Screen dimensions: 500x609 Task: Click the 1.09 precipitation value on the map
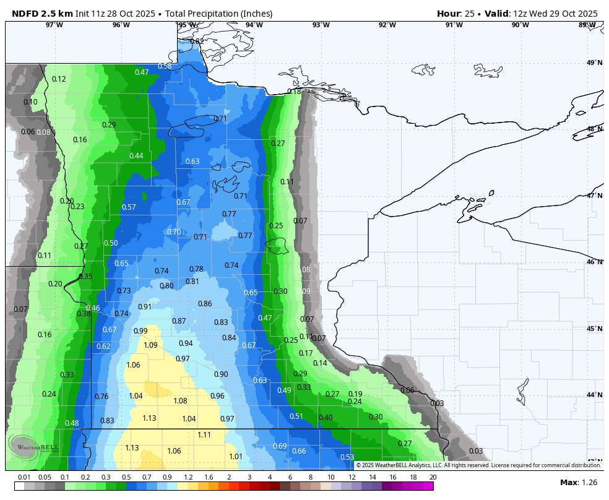click(150, 345)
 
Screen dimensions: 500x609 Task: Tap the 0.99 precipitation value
click(140, 331)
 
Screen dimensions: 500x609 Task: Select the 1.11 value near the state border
click(204, 435)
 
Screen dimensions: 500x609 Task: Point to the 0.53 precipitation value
click(347, 457)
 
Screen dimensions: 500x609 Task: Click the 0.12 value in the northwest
click(59, 79)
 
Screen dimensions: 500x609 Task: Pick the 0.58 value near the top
click(165, 66)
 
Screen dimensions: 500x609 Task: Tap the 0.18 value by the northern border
click(294, 92)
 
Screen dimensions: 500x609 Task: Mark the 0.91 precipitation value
click(145, 307)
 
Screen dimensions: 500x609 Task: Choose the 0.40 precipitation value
click(326, 418)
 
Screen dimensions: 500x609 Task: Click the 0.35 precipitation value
click(85, 277)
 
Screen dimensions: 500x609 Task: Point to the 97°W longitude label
click(54, 25)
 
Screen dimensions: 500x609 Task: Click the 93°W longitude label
click(321, 25)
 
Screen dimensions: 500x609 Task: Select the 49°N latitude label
click(594, 63)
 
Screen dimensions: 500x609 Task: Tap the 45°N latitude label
click(594, 329)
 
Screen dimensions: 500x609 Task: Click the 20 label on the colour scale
click(433, 477)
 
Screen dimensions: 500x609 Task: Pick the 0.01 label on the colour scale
click(24, 477)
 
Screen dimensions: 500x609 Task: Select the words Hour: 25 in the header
click(459, 14)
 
